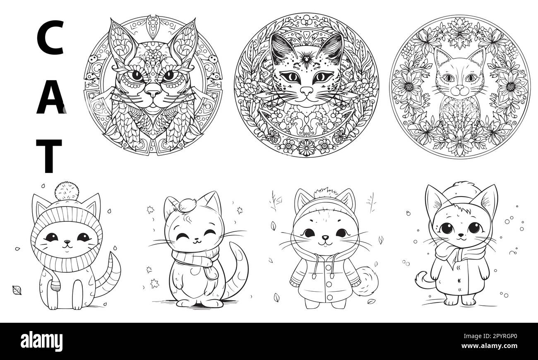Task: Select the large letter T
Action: point(49,156)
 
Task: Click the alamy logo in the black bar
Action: point(41,342)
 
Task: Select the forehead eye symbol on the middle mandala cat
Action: point(306,60)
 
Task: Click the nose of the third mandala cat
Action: point(460,87)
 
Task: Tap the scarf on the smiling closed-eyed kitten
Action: point(197,262)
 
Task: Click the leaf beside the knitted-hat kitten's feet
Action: point(17,290)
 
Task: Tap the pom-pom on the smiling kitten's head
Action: point(187,206)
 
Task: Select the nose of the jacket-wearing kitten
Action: point(325,238)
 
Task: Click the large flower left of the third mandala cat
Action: point(409,87)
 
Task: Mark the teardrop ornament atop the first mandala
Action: point(152,27)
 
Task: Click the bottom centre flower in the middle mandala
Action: point(306,147)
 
